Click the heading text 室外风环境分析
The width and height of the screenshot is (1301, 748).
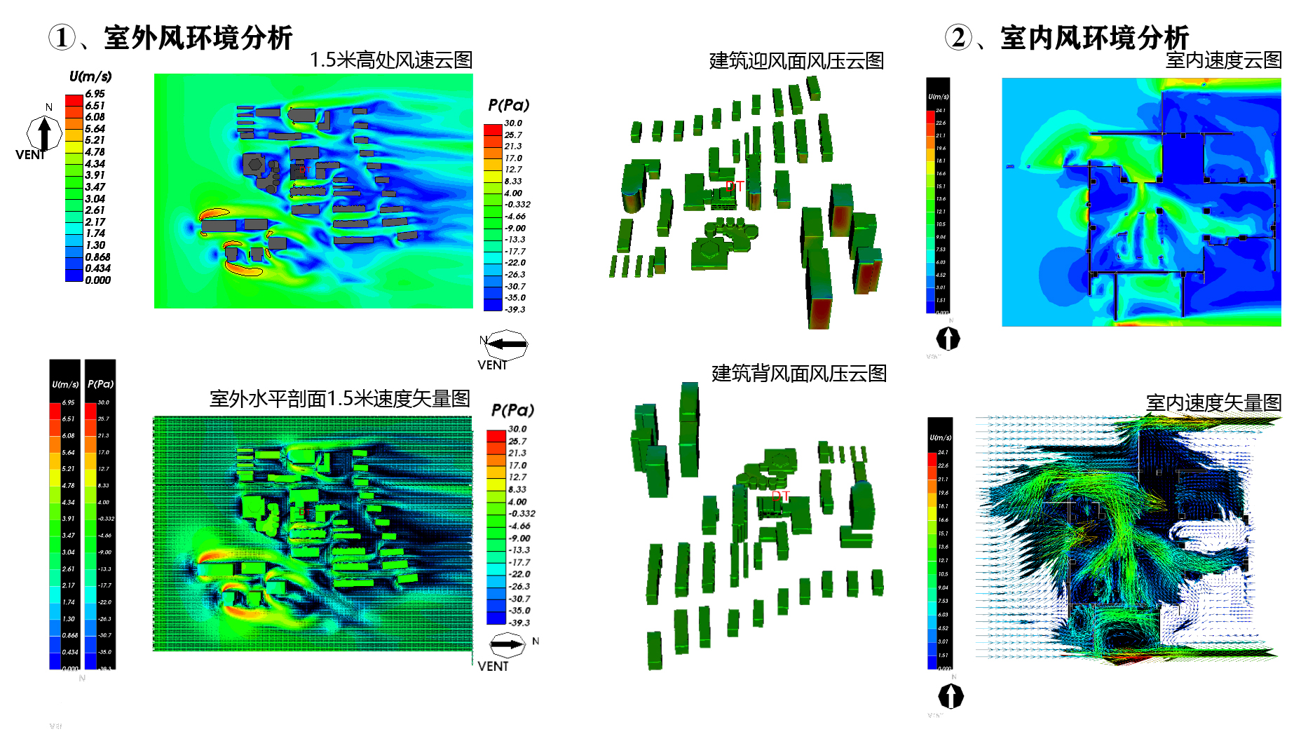click(198, 38)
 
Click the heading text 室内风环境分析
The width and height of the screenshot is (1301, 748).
click(1094, 38)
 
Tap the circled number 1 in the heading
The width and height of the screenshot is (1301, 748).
click(62, 38)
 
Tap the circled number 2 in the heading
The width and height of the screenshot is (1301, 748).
click(958, 38)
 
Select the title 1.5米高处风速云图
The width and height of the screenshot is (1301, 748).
click(391, 60)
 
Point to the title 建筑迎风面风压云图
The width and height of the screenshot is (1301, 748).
click(796, 61)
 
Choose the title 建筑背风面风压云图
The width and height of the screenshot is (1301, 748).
click(799, 374)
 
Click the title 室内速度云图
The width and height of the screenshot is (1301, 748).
click(1223, 60)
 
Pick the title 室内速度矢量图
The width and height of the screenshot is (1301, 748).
click(1213, 403)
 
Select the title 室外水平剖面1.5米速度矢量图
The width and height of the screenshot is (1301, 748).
click(339, 399)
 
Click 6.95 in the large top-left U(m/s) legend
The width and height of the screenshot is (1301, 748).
click(95, 94)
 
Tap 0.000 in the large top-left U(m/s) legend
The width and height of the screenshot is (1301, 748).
click(97, 280)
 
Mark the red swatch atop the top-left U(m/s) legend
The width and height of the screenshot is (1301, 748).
click(74, 100)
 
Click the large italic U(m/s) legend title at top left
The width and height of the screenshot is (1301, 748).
click(90, 76)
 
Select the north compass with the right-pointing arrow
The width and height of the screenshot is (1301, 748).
click(507, 644)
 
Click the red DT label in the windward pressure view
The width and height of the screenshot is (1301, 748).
click(735, 186)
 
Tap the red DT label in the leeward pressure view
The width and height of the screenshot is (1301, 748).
click(781, 496)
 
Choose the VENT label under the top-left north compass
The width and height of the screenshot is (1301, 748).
click(29, 155)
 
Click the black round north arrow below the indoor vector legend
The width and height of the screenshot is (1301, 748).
click(951, 696)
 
